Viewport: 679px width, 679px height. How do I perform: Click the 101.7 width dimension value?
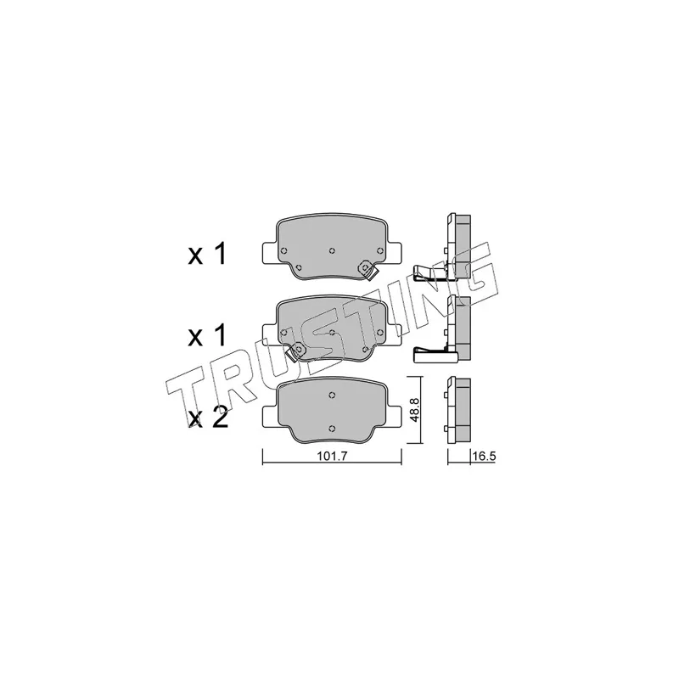coord(333,456)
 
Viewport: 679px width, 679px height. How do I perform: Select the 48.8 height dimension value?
coord(414,411)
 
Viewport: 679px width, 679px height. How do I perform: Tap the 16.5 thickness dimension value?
coord(484,456)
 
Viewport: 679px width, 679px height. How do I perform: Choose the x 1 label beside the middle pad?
coord(207,335)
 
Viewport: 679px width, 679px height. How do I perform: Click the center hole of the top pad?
coord(332,250)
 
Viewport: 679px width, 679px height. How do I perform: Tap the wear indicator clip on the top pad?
coord(368,270)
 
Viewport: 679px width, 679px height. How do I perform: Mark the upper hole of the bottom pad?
coord(332,395)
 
